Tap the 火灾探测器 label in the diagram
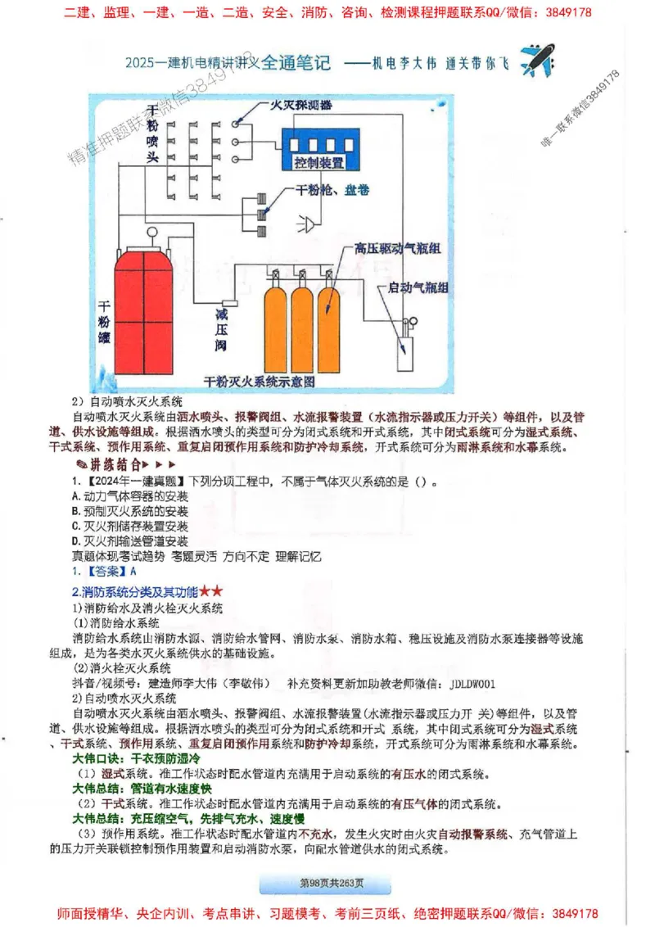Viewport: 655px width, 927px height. point(302,106)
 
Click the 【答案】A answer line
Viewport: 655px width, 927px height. point(98,571)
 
